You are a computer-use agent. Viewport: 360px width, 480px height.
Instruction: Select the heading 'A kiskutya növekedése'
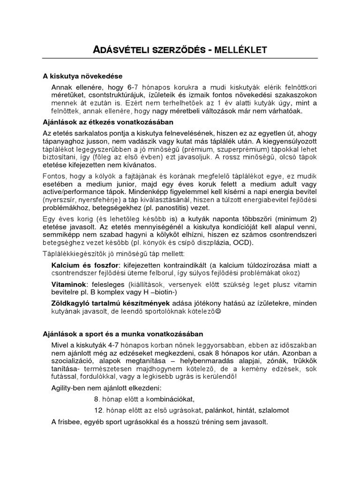click(83, 76)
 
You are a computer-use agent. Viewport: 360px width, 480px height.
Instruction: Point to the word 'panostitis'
click(170, 208)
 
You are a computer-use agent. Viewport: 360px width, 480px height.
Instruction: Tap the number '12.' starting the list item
click(97, 410)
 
